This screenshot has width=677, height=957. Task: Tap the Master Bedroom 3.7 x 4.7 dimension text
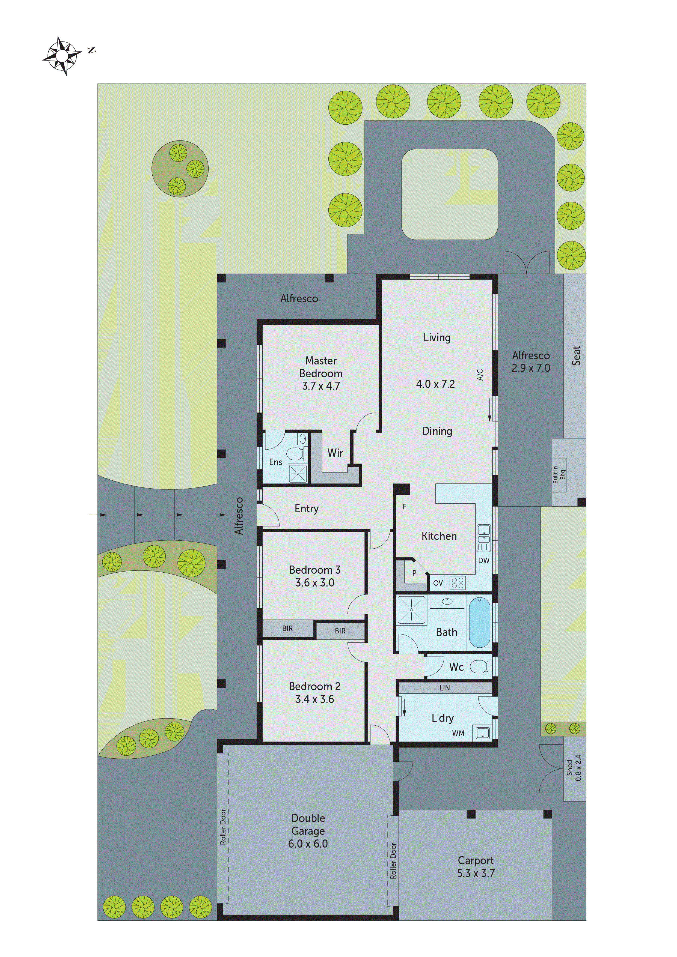coord(321,386)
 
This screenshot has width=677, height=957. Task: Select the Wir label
coord(335,453)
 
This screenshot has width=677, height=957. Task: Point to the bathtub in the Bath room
coord(479,623)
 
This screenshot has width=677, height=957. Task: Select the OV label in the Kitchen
coord(438,583)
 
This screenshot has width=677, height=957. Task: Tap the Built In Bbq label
coord(559,474)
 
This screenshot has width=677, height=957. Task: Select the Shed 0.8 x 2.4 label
coord(574,768)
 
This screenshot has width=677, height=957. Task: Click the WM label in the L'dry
coord(458,733)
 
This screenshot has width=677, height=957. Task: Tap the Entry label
coord(306,509)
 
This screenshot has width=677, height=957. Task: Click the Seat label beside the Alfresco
coord(576,355)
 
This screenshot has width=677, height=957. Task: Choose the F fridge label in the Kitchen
coord(404,507)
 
